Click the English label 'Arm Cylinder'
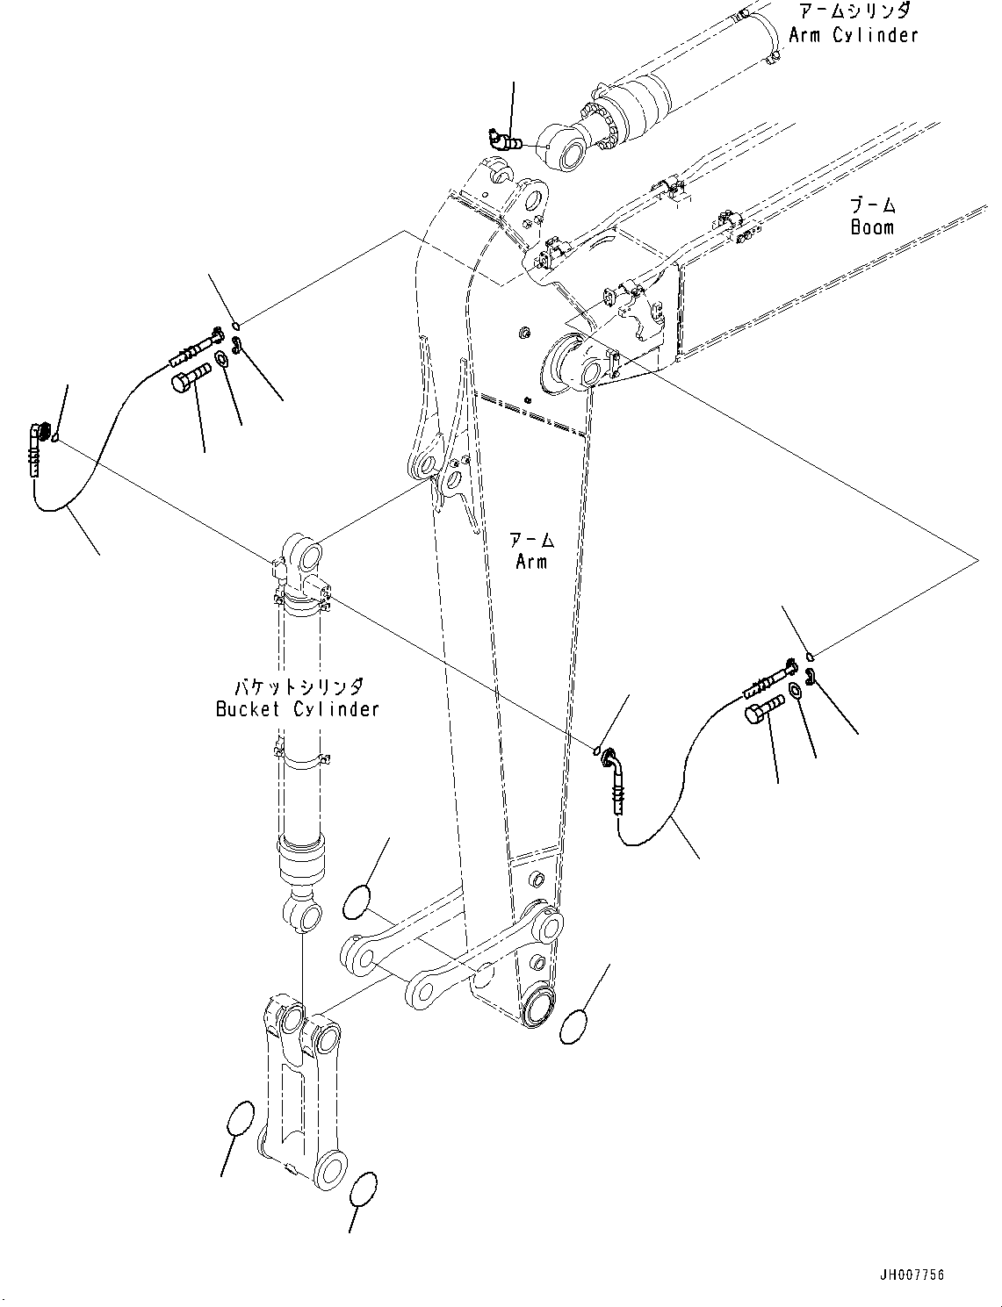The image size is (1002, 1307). click(853, 35)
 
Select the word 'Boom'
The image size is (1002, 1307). click(872, 227)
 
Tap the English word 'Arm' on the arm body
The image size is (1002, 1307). click(531, 561)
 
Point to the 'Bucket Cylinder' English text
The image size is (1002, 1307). click(298, 708)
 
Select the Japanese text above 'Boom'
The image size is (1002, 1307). click(872, 205)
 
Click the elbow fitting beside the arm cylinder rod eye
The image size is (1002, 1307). click(502, 138)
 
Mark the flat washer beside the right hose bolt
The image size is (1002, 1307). click(795, 691)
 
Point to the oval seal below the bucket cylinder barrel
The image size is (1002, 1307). click(357, 902)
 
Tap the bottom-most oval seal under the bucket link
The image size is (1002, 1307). click(363, 1190)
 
